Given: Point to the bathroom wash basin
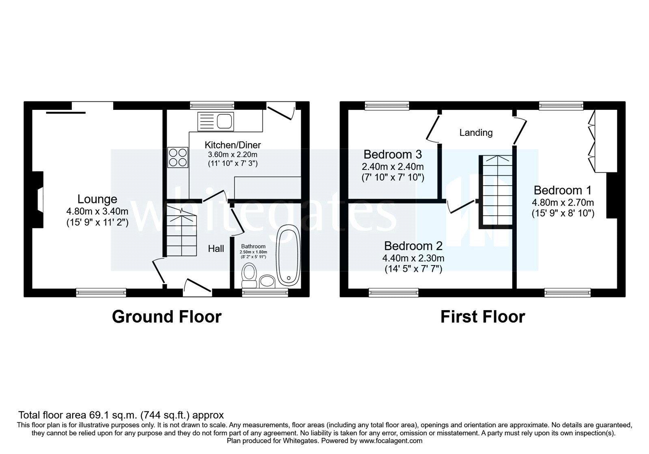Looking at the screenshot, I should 267,281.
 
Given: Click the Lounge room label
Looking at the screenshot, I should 97,199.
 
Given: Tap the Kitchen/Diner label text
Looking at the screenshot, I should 232,145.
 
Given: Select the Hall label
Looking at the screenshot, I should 216,248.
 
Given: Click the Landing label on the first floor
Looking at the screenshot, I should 476,133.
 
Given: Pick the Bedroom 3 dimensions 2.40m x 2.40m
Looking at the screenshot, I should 393,167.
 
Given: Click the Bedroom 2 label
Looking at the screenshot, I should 413,246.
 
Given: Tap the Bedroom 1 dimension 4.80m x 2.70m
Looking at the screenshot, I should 563,203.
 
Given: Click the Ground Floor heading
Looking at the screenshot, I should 167,317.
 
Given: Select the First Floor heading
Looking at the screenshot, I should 483,317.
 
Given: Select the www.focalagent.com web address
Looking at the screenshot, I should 391,441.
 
